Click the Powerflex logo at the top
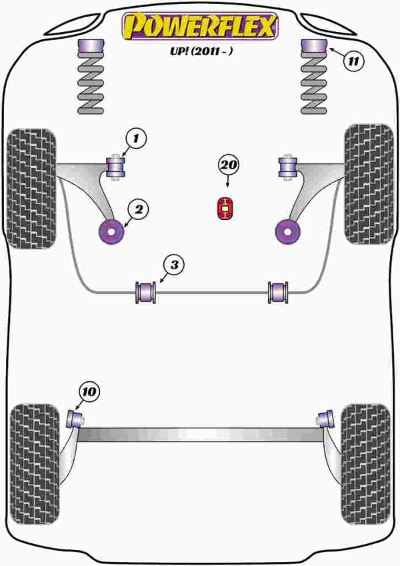199,26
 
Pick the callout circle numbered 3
174,266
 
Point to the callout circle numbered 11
355,61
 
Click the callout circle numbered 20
228,165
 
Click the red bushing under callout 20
227,208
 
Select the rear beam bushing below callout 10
75,419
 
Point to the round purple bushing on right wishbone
287,231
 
